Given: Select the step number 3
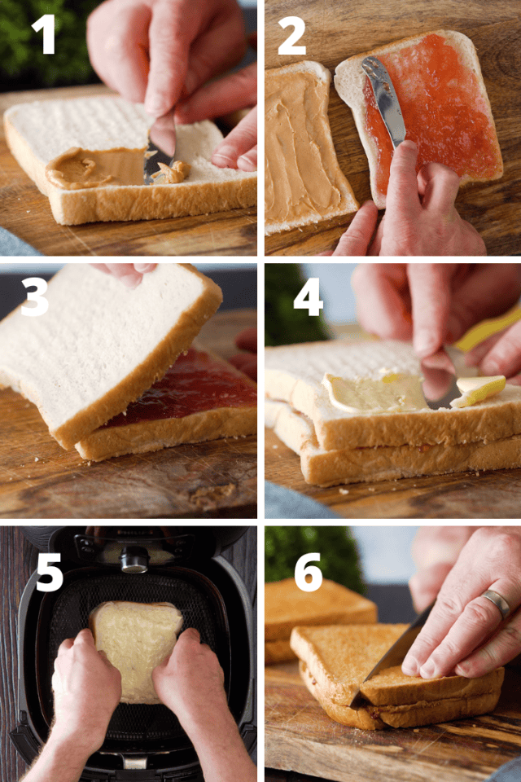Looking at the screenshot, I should (34, 298).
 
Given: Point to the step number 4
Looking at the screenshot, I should (308, 298).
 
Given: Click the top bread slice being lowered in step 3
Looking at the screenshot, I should (98, 342).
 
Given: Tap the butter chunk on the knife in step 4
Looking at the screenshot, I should (479, 389).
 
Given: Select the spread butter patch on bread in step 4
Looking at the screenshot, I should (374, 393).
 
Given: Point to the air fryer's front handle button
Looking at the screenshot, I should (135, 558).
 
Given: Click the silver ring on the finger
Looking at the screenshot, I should (496, 604).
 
